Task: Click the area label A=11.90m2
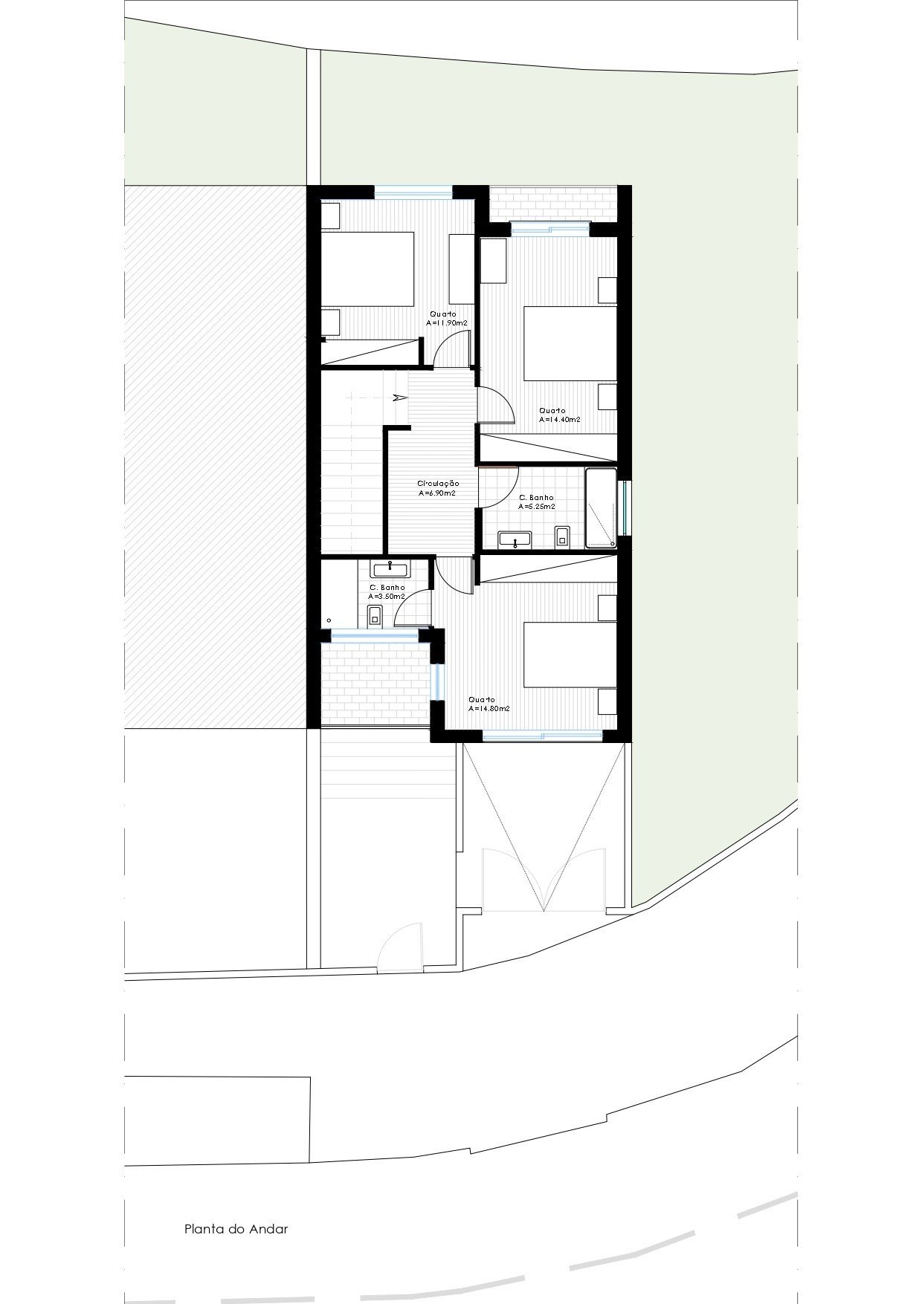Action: coord(446,323)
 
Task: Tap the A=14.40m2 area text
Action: coord(560,419)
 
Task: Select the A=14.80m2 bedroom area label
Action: coord(489,708)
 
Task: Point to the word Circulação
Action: coord(438,483)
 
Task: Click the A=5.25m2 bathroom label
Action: coord(537,506)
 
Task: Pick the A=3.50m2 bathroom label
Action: coord(387,596)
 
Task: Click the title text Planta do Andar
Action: coord(236,1229)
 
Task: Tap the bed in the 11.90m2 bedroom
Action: coord(367,269)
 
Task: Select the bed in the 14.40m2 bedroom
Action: coord(571,343)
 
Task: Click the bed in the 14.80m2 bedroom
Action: coord(571,655)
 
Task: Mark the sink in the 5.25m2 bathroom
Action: coord(515,539)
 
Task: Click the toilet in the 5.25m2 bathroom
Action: coord(562,536)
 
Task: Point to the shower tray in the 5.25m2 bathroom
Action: coord(601,508)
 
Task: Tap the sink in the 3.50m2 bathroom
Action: coord(390,569)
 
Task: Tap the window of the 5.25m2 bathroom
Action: coord(626,508)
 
